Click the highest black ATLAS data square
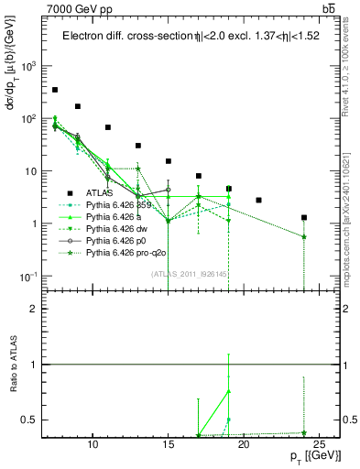pos(55,90)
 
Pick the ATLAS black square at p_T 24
pos(304,218)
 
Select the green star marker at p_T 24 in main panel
pos(304,236)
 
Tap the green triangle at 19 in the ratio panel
pos(229,391)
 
